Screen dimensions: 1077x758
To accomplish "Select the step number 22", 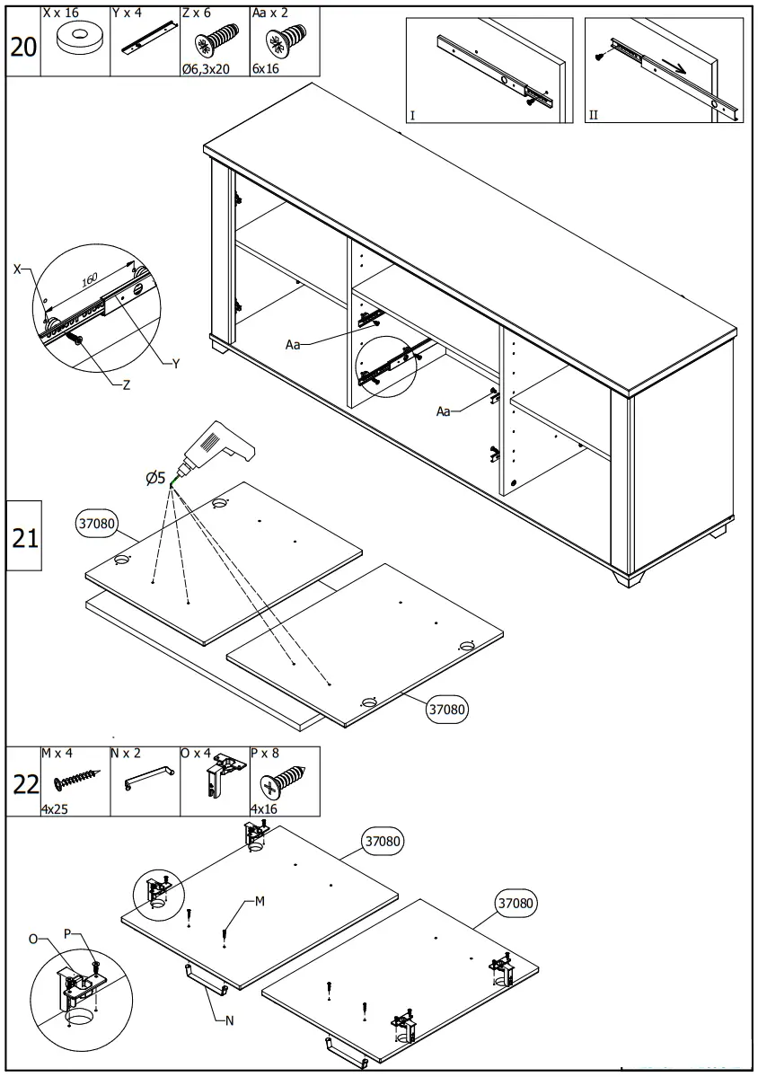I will tap(25, 784).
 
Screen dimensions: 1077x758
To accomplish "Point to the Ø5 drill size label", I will tap(155, 478).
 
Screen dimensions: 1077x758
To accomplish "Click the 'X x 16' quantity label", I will tap(61, 14).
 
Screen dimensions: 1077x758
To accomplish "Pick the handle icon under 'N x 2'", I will tap(145, 778).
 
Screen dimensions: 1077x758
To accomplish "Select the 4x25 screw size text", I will tap(56, 809).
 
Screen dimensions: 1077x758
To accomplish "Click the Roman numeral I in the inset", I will tap(412, 116).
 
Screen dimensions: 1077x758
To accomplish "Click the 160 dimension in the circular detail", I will tap(90, 280).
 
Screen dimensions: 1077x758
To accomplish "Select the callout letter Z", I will tap(126, 384).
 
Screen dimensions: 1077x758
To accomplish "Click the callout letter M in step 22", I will tap(259, 901).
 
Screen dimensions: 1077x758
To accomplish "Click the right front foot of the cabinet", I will tap(629, 577).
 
